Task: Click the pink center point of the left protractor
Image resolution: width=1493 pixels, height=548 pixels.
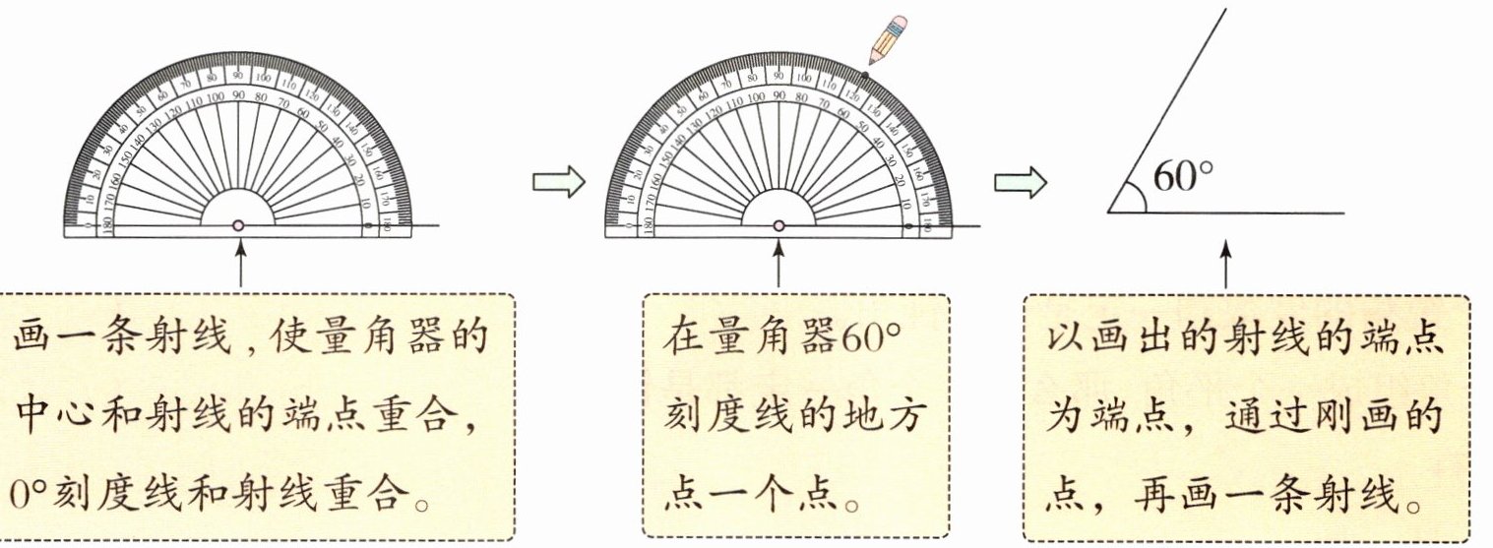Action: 238,225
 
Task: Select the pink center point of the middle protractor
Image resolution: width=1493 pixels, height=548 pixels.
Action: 778,225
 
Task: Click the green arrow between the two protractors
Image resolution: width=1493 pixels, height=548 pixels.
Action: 557,184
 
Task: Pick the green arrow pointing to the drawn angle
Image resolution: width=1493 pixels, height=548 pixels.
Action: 1019,184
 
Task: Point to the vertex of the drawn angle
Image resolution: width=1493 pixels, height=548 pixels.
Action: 1109,212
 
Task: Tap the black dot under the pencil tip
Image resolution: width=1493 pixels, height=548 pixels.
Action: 865,75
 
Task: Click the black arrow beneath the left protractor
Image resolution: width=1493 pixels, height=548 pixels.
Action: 239,264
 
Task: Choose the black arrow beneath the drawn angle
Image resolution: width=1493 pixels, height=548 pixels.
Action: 1226,264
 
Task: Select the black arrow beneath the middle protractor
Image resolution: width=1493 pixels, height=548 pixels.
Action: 779,264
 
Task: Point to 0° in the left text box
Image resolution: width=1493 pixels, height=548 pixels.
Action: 27,494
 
